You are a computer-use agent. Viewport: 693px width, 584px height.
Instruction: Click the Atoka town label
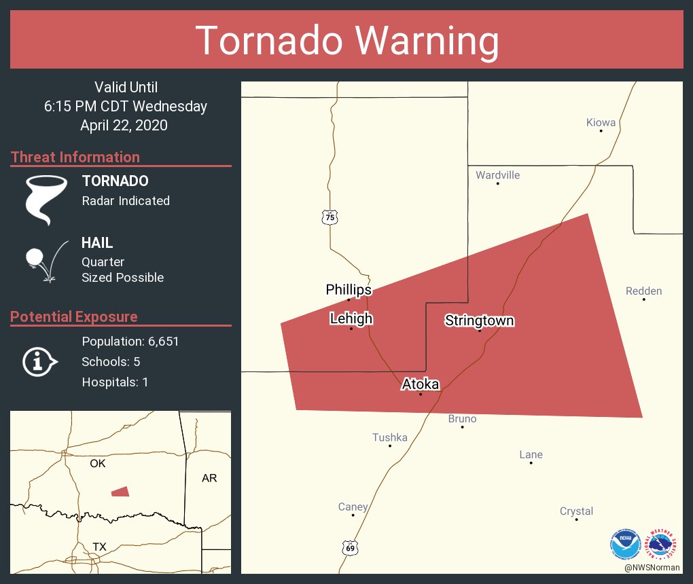(421, 384)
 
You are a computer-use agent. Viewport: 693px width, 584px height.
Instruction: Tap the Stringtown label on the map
(480, 321)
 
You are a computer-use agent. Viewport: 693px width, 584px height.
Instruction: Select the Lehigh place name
(351, 318)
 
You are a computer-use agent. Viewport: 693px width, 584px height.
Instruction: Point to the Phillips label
(349, 290)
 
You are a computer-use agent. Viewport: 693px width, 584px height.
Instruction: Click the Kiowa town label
(601, 123)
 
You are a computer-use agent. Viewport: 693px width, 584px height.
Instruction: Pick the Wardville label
(498, 175)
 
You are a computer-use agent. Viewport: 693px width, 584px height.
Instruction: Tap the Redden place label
(643, 291)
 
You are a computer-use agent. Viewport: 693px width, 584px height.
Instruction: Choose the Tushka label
(390, 437)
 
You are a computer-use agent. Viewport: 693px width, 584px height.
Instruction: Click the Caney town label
(353, 507)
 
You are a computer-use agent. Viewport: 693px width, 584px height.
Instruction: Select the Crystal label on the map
(576, 511)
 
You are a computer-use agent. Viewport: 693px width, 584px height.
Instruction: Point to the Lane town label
(531, 455)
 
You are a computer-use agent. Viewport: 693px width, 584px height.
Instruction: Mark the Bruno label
(463, 419)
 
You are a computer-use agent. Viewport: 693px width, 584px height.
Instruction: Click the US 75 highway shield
(330, 217)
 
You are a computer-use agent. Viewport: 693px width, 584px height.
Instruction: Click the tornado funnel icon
(46, 199)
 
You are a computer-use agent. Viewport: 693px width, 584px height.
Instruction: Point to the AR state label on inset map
(209, 478)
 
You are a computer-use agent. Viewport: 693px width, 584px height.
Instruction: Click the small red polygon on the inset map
(120, 492)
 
